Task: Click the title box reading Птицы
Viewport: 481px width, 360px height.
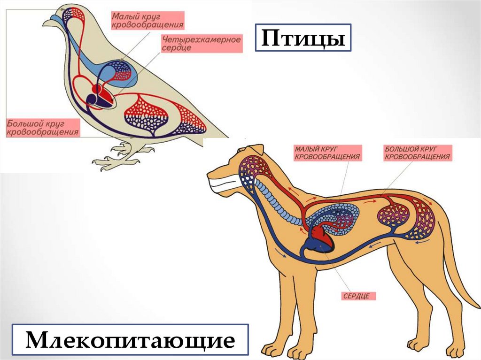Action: tap(303, 38)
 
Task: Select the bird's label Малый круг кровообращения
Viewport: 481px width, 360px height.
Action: tap(147, 21)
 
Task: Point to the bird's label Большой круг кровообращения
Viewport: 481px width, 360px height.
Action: tap(42, 128)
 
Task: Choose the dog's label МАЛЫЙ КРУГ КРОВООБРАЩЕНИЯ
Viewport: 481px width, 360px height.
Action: tap(327, 153)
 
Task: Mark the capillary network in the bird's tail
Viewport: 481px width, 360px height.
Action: tap(190, 117)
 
